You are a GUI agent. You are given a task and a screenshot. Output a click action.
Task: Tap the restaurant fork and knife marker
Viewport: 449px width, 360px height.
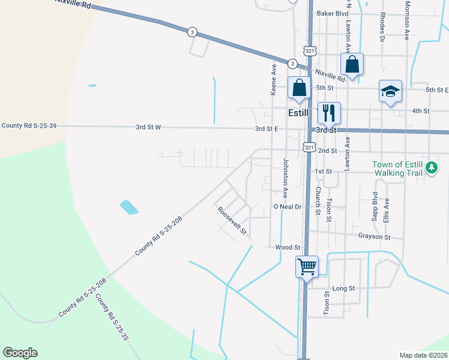(328, 112)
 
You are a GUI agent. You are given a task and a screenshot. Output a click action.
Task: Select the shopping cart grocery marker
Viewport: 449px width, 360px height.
(307, 266)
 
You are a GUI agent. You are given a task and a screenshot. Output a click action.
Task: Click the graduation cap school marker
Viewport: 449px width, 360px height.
(390, 92)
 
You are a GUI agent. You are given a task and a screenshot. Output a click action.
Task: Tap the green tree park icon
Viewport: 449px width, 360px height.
(432, 170)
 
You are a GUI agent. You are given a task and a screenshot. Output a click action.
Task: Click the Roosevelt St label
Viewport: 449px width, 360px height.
(232, 221)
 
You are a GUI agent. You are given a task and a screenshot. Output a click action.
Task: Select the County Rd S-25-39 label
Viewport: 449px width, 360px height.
(29, 125)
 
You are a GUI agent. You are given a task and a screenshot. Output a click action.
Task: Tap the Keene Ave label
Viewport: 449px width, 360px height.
(274, 80)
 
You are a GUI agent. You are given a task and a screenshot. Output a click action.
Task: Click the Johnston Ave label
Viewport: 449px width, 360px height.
(286, 178)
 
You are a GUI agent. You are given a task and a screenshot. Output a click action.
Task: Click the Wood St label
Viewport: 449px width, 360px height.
(288, 247)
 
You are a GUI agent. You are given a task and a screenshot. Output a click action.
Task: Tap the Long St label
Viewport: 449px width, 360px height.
(344, 289)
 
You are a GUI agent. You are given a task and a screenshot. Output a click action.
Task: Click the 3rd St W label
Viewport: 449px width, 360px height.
(149, 127)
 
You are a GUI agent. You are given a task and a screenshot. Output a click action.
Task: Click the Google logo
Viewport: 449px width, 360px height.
(20, 353)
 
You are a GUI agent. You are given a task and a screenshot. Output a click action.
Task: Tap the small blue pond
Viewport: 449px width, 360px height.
(129, 208)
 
